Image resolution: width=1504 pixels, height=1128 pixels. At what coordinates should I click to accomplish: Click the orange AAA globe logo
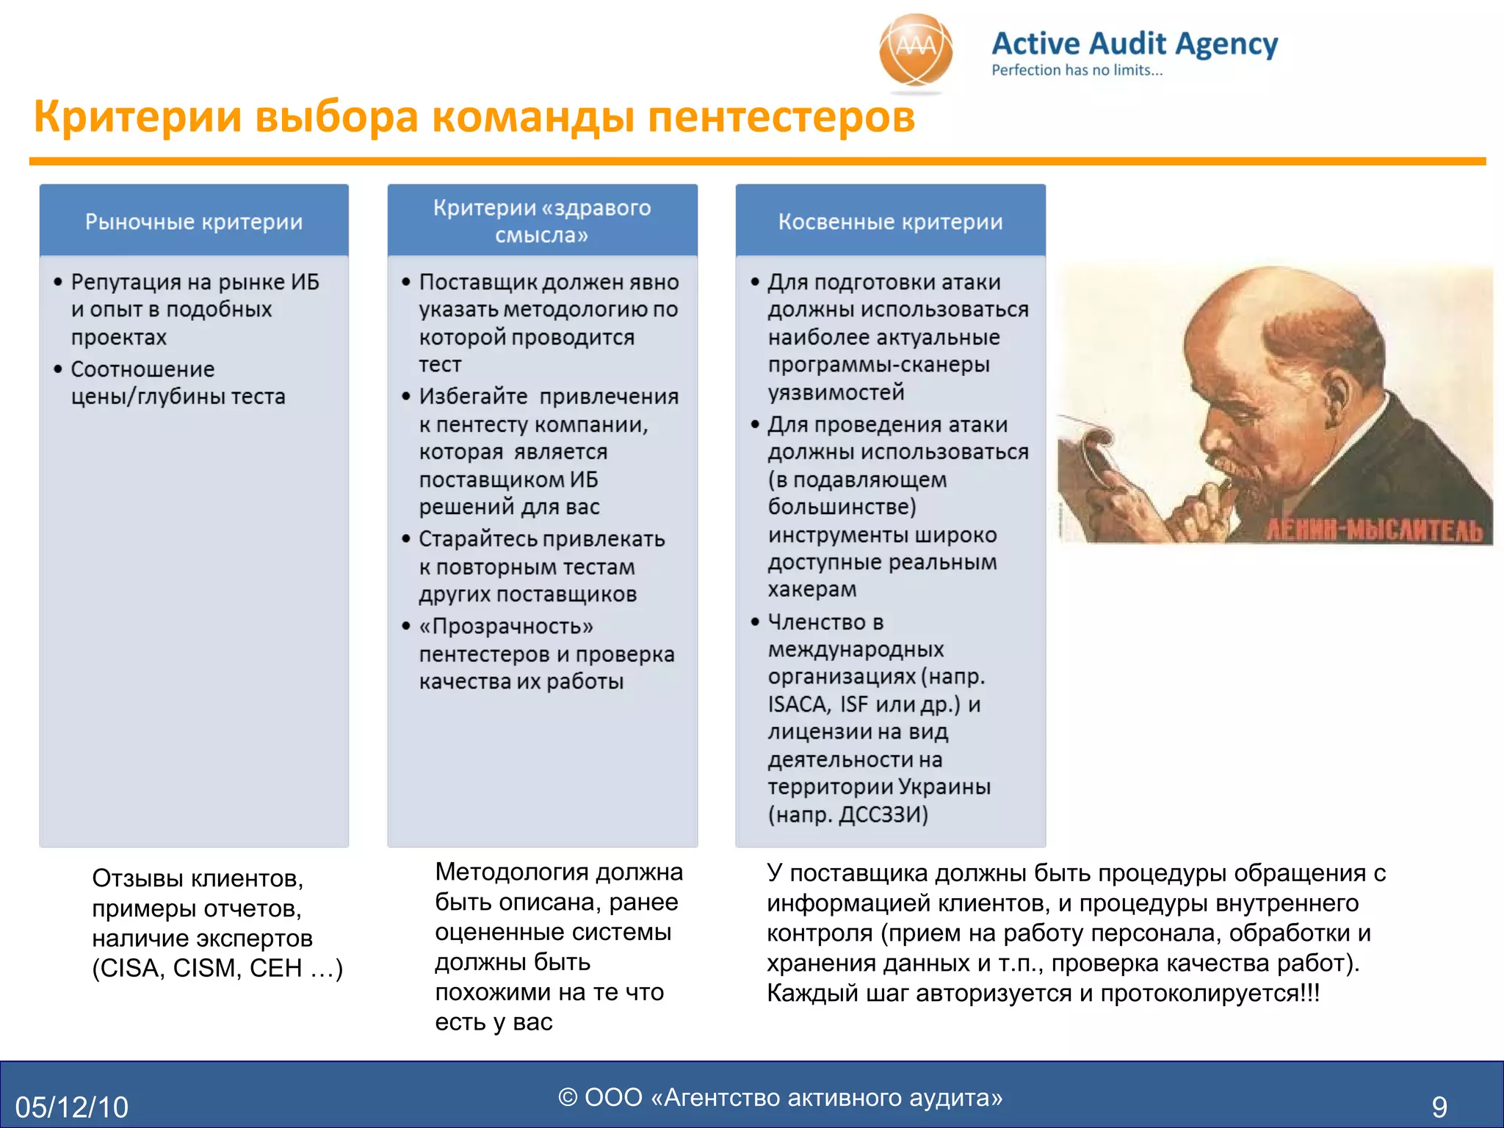(916, 51)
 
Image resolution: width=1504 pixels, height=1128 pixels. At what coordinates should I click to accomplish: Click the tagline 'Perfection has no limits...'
(1077, 70)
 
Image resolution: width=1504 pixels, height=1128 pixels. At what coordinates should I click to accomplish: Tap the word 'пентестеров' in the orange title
(781, 117)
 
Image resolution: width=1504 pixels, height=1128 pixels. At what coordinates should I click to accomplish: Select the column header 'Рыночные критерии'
(194, 221)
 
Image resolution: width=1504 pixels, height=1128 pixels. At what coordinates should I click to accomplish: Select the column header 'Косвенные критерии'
(890, 221)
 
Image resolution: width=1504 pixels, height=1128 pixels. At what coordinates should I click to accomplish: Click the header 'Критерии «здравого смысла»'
(542, 220)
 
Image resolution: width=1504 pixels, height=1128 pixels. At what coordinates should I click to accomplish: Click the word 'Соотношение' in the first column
(142, 369)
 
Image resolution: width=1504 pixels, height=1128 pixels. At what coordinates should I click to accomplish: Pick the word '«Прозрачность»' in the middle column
(506, 626)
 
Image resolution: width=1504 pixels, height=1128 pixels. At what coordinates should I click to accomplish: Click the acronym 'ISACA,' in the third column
(800, 704)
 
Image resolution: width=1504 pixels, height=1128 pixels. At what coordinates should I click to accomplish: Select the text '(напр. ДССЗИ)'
(848, 814)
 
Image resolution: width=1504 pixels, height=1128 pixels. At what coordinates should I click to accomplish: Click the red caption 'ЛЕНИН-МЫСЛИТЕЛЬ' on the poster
(1374, 529)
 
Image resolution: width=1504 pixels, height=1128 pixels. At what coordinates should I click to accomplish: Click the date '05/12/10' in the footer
(72, 1107)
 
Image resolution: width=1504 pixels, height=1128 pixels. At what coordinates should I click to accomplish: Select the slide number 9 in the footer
(1439, 1107)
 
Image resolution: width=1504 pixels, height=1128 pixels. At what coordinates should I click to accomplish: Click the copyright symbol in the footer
(568, 1097)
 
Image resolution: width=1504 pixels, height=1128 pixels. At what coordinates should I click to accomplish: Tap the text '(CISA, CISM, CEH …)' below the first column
(217, 968)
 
